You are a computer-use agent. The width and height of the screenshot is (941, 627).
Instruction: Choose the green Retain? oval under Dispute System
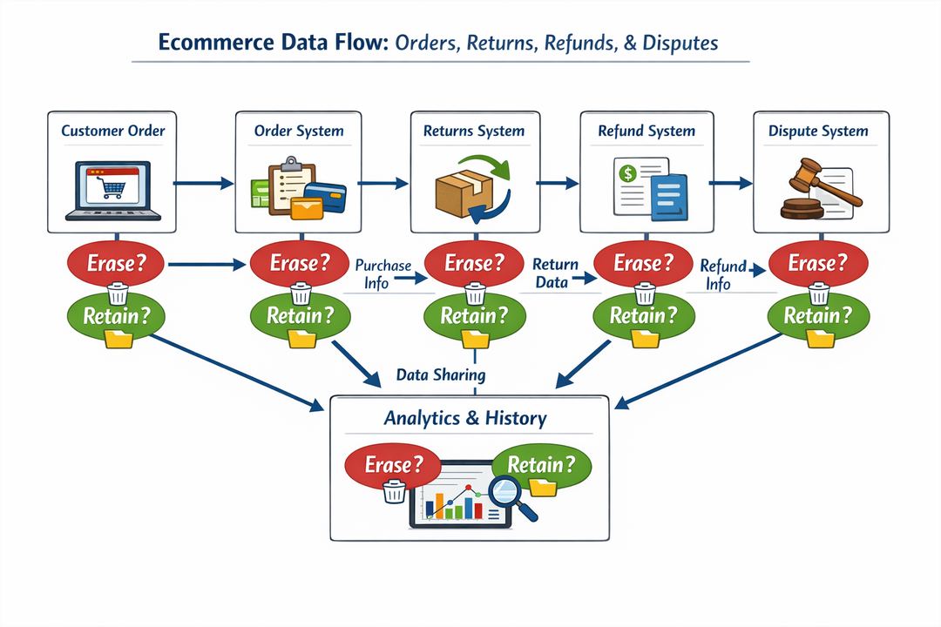tap(818, 316)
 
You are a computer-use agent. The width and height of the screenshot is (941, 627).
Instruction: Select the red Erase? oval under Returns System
tap(474, 262)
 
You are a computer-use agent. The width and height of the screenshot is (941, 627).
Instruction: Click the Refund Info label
tap(722, 274)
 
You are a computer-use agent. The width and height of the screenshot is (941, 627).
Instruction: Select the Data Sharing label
tap(440, 375)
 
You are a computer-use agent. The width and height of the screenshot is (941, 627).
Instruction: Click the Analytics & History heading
tap(465, 418)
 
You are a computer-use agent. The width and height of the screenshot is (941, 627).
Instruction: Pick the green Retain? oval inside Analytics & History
tap(540, 464)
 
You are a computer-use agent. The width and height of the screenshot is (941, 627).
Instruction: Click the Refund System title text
tap(647, 131)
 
